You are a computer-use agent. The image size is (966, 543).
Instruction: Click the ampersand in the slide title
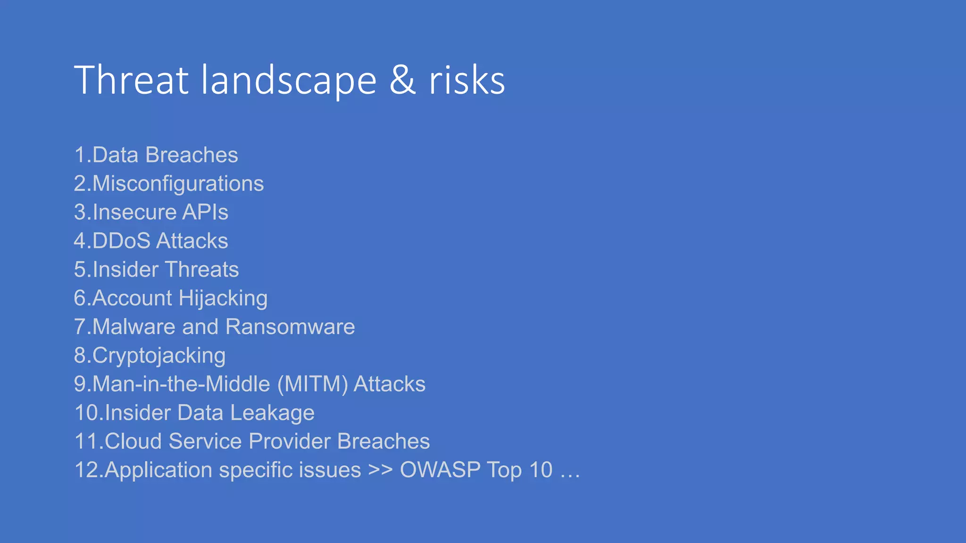pos(402,80)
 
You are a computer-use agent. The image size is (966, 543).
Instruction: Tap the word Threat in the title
pos(132,80)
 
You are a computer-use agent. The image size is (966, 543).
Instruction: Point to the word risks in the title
pos(466,80)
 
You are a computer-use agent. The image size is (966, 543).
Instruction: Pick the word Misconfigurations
pos(178,184)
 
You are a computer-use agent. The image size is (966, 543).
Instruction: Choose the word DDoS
pos(121,241)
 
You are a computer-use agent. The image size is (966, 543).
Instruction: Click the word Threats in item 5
pos(202,270)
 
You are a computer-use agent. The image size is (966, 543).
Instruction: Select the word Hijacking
pos(223,299)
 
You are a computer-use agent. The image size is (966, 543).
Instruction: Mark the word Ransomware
pos(290,327)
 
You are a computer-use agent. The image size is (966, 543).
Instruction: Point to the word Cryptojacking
pos(159,356)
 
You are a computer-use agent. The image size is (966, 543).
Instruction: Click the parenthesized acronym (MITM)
pos(313,384)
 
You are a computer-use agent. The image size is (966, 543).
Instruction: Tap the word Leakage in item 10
pos(272,413)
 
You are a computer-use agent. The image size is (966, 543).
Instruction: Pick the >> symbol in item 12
pos(380,470)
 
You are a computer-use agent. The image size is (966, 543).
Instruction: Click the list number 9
pos(80,384)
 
